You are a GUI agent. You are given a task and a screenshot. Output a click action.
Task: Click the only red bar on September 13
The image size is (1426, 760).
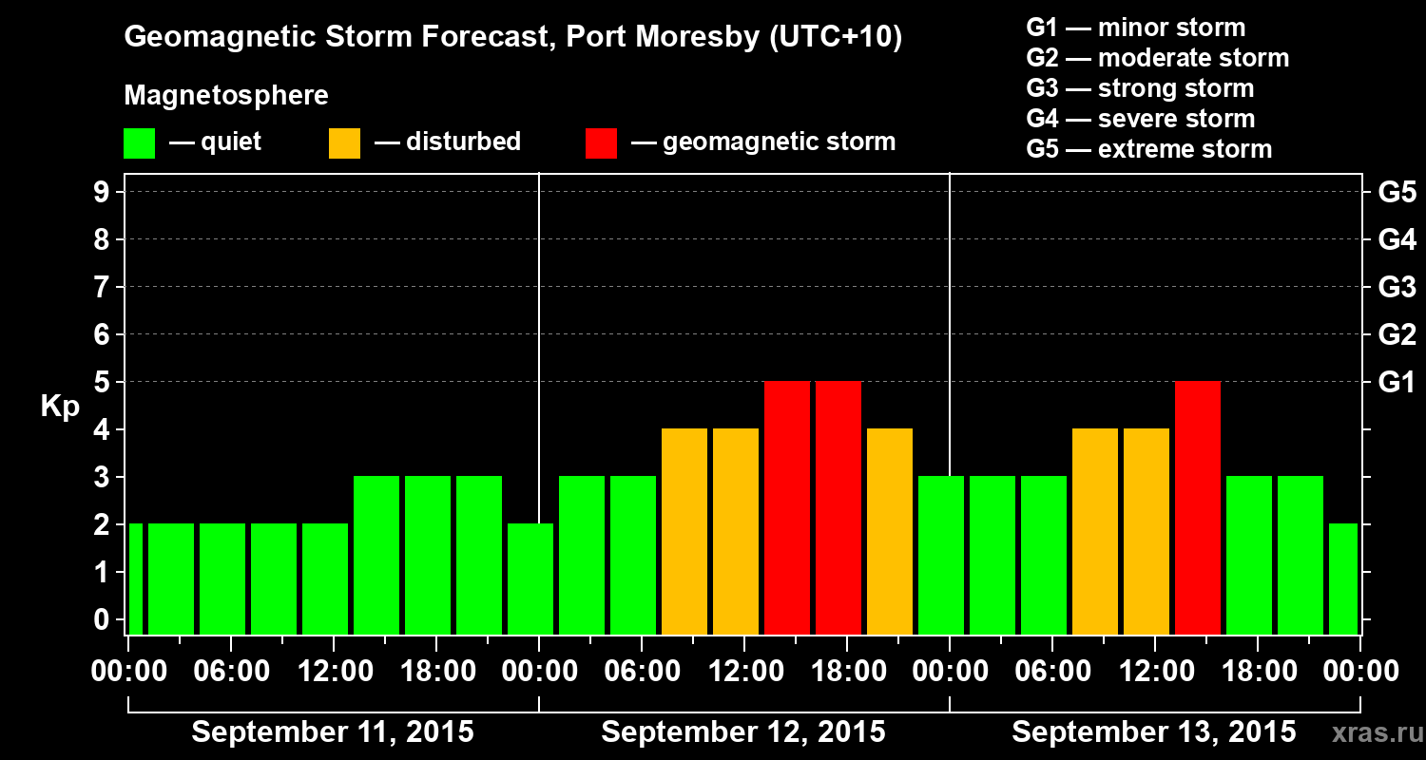(1198, 507)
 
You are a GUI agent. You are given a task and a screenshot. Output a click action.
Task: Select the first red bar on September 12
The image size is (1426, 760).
(787, 507)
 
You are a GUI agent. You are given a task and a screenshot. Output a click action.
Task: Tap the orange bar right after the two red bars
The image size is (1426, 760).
(890, 531)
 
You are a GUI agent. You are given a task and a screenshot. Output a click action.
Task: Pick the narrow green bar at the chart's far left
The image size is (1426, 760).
(136, 579)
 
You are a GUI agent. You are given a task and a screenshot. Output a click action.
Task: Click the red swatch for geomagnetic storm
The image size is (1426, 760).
(601, 142)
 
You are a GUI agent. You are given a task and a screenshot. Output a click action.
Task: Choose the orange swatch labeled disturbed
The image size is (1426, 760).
(344, 142)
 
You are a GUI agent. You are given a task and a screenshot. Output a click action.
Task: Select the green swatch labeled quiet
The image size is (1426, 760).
(139, 142)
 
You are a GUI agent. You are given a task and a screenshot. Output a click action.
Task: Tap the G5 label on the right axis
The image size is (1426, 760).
(1397, 193)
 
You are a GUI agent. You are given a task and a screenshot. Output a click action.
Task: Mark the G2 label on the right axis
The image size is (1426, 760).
(1397, 335)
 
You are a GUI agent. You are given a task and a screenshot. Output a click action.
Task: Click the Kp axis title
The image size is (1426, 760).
(60, 407)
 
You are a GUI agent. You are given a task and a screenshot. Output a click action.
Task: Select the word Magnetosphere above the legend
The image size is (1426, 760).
(226, 96)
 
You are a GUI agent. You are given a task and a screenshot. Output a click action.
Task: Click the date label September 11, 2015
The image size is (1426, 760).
(333, 732)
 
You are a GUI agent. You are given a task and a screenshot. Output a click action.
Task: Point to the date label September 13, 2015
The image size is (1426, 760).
(1153, 732)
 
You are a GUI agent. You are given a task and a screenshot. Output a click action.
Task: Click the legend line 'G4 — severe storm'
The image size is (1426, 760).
(1140, 119)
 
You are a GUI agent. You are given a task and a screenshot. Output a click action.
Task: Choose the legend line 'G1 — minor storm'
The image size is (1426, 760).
(1135, 28)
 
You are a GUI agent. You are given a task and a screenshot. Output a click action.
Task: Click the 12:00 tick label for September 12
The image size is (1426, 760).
(744, 672)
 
